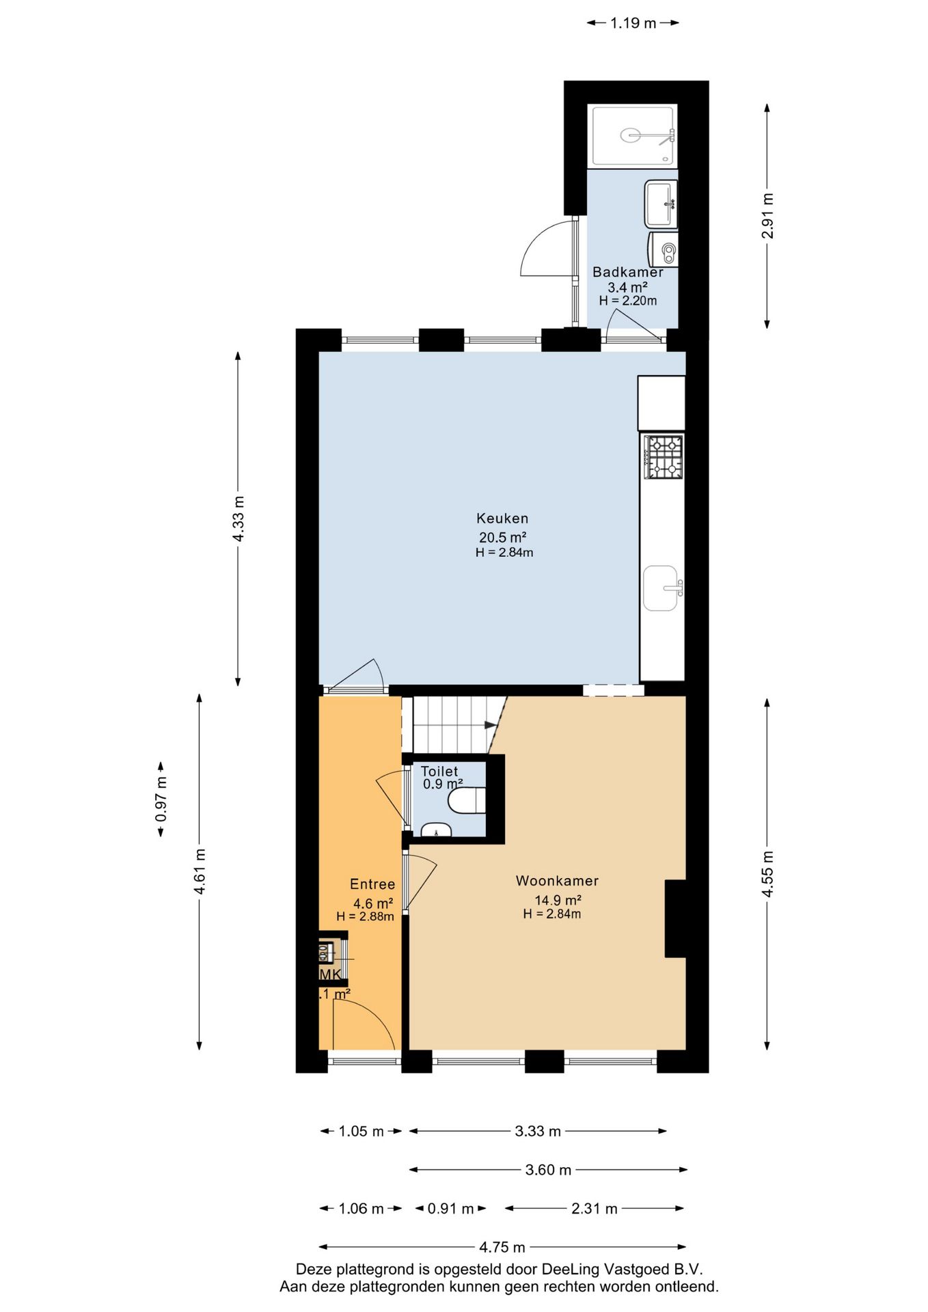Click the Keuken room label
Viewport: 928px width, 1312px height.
tap(502, 518)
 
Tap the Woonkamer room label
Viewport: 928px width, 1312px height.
tap(557, 881)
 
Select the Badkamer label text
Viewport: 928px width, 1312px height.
tap(627, 272)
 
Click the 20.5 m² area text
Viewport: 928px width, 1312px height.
tap(502, 537)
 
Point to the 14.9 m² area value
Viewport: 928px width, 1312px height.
tap(558, 900)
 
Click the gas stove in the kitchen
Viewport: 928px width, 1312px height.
tap(664, 456)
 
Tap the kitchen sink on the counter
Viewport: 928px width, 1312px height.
tap(661, 588)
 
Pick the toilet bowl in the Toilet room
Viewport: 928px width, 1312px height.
tap(468, 800)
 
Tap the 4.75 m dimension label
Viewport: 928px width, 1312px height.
tap(502, 1247)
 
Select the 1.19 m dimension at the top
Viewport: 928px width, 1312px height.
tap(633, 23)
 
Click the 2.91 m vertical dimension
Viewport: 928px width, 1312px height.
tap(767, 216)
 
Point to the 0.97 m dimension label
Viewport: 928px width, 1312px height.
tap(161, 799)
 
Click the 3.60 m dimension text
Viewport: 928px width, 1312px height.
tap(548, 1170)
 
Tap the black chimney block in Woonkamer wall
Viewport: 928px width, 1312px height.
tap(675, 918)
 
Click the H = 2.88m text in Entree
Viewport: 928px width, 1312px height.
tap(365, 916)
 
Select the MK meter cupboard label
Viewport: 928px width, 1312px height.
tap(330, 974)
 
